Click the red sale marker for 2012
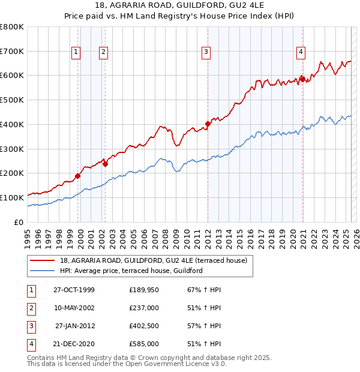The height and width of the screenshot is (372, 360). coord(208,124)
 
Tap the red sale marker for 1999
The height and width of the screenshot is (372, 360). coord(78,176)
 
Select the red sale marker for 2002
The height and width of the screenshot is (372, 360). coord(105,164)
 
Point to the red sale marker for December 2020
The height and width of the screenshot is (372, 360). coord(303,79)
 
